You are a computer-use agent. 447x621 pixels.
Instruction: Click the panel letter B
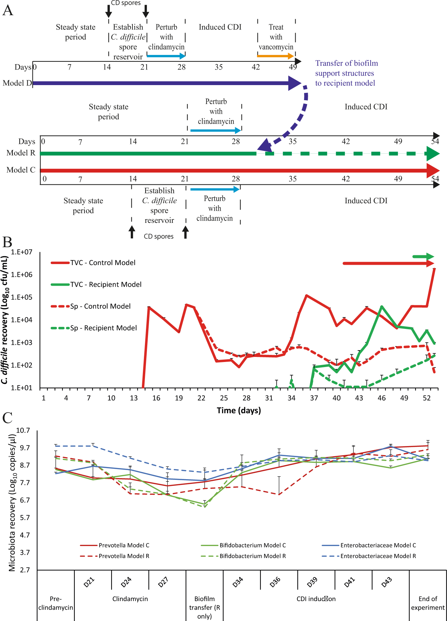7,242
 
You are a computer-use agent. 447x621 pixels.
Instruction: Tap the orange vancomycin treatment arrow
275,56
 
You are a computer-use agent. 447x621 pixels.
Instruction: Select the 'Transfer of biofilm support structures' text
346,73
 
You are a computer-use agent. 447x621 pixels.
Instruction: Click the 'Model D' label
17,83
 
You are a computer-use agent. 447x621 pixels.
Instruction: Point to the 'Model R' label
21,153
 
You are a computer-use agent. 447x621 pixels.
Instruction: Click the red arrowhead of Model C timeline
433,171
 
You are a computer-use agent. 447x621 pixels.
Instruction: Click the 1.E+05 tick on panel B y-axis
22,297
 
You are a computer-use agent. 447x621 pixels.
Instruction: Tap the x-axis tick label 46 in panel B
381,398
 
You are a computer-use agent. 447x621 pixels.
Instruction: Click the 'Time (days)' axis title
239,410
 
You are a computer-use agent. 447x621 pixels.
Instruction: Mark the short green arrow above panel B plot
423,257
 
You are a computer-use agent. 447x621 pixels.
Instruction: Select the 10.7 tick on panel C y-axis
23,431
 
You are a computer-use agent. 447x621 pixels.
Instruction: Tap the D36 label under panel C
275,582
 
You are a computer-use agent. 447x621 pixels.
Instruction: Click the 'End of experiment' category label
428,603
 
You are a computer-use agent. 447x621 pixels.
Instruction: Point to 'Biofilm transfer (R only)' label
204,607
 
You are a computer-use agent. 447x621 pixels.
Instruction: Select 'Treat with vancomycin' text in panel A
276,37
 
